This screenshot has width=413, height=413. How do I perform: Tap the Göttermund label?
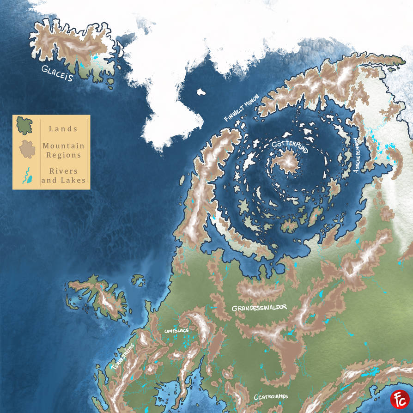(290, 146)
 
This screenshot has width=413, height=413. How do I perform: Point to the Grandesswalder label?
(259, 308)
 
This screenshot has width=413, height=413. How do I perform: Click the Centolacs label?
(176, 331)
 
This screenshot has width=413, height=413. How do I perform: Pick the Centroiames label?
(271, 397)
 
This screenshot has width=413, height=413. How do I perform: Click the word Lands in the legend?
(63, 129)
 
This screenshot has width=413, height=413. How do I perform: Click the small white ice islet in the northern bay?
(201, 92)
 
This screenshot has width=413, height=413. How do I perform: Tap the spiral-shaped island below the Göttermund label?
(288, 162)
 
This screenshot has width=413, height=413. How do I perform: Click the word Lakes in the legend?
(73, 180)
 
